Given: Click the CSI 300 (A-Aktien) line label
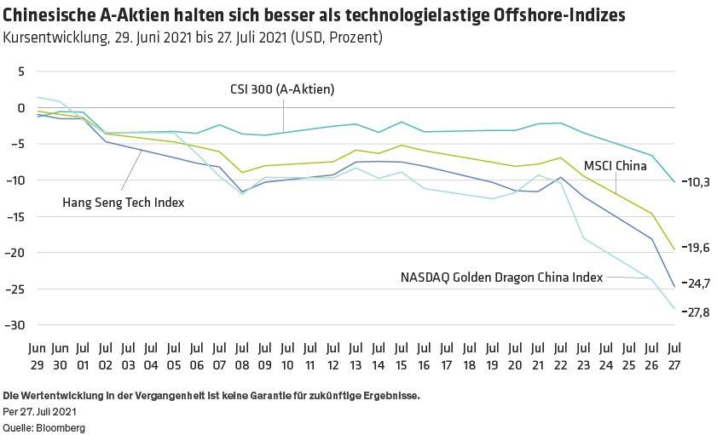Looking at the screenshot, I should (x=281, y=89).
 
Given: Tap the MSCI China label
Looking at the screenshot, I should (x=615, y=167).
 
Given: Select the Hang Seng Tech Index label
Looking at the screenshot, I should (x=124, y=202).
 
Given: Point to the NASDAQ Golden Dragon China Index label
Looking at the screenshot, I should (x=502, y=277).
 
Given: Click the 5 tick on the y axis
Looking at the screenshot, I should (x=20, y=72).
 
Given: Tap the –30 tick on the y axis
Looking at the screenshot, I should (x=16, y=325).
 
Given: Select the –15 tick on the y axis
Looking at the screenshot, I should (x=16, y=217).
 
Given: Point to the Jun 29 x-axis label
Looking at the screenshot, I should (x=37, y=356).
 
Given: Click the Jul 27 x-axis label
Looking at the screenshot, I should (x=674, y=356).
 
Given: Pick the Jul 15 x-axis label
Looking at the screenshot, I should (x=401, y=356).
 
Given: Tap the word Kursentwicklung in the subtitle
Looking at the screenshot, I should (x=53, y=38).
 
